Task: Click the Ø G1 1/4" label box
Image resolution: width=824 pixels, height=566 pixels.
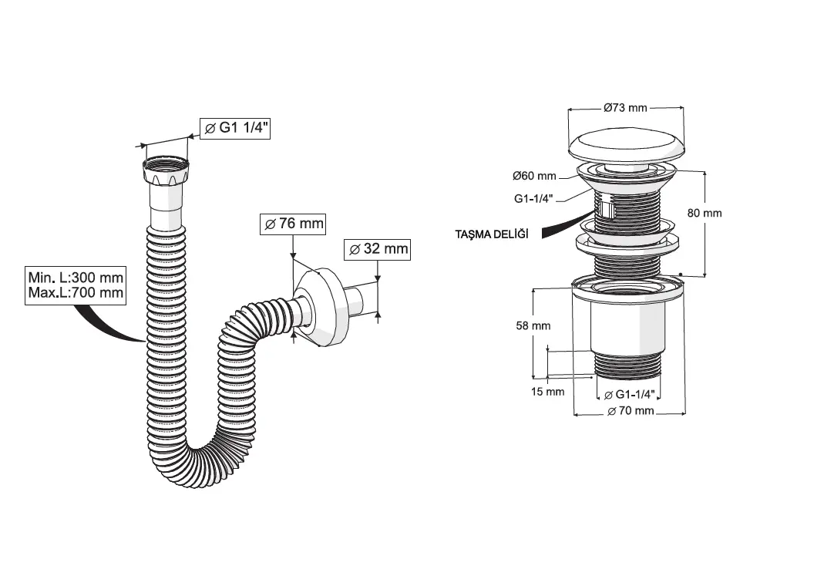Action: pos(234,129)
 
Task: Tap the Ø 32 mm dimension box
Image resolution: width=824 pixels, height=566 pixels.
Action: pos(377,249)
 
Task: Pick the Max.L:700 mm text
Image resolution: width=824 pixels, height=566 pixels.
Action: pos(76,293)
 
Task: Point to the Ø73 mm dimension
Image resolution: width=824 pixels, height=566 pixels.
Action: pos(625,108)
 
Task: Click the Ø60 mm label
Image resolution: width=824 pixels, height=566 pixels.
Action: pos(535,176)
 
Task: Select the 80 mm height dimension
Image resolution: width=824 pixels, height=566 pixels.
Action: pos(704,213)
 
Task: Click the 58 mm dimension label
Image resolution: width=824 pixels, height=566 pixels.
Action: pos(533,325)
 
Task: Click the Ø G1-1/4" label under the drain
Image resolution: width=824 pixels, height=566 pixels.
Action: pos(630,394)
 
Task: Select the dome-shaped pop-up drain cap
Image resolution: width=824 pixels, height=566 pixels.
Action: pos(625,146)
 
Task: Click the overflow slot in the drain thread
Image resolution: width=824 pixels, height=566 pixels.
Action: pos(609,209)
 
